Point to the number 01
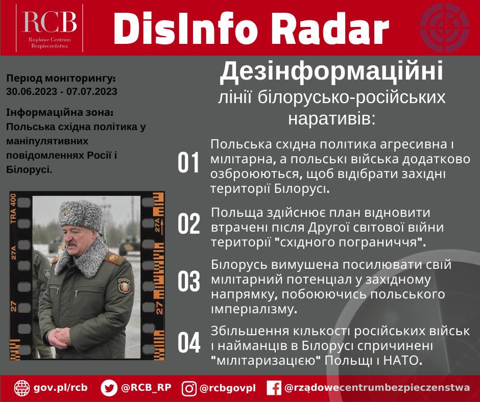(188, 164)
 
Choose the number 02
(188, 224)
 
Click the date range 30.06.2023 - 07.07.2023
(62, 92)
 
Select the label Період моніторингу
(61, 79)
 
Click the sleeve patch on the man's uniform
(125, 285)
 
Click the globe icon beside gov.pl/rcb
(22, 388)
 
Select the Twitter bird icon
(109, 388)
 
